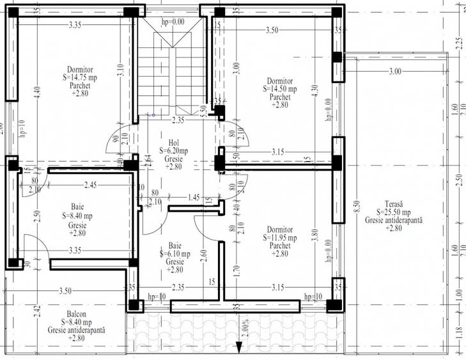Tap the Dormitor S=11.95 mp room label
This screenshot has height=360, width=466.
click(x=279, y=242)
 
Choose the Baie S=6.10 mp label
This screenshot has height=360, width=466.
click(x=175, y=258)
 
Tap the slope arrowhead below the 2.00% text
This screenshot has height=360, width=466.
click(x=238, y=348)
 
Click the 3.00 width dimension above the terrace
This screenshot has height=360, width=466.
click(x=394, y=72)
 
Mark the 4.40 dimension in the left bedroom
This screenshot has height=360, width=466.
click(x=38, y=92)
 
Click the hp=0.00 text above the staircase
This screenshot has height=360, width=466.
click(x=173, y=21)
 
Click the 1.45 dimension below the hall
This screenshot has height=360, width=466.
click(x=195, y=199)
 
